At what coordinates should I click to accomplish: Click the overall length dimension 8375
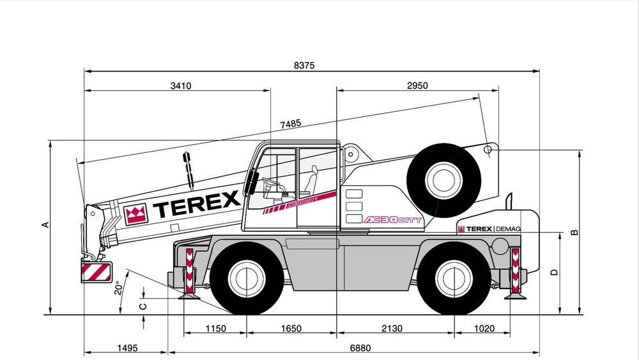click(305, 65)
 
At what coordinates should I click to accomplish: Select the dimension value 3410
click(181, 86)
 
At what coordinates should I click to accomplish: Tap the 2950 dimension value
click(417, 86)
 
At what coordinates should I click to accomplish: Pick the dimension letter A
click(45, 224)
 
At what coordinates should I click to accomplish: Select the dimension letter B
click(574, 232)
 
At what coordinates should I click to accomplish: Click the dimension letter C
click(144, 306)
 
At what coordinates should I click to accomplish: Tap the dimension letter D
click(554, 272)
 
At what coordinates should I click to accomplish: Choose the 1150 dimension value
click(215, 329)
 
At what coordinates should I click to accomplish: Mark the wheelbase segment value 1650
click(291, 329)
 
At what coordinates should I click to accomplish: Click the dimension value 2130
click(392, 329)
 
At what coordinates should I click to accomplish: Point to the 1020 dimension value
click(484, 329)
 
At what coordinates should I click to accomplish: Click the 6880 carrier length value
click(360, 348)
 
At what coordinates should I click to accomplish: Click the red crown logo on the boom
click(135, 214)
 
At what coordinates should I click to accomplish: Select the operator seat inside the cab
click(311, 182)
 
